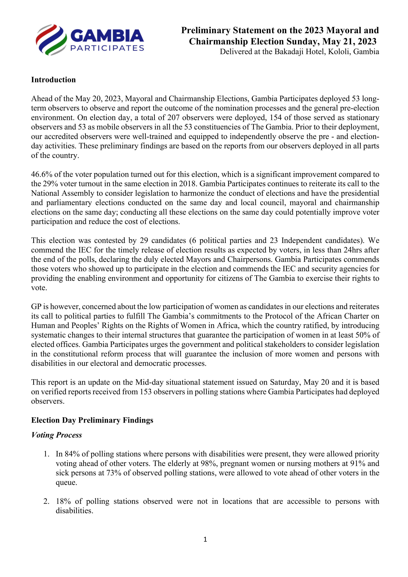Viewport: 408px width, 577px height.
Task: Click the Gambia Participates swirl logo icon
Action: pyautogui.click(x=51, y=40)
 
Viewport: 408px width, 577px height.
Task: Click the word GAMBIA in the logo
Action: pyautogui.click(x=107, y=36)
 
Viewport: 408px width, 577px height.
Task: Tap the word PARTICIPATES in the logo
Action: pyautogui.click(x=107, y=48)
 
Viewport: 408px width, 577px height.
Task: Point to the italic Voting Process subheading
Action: pyautogui.click(x=57, y=435)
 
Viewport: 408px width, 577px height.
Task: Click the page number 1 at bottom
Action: pyautogui.click(x=205, y=539)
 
